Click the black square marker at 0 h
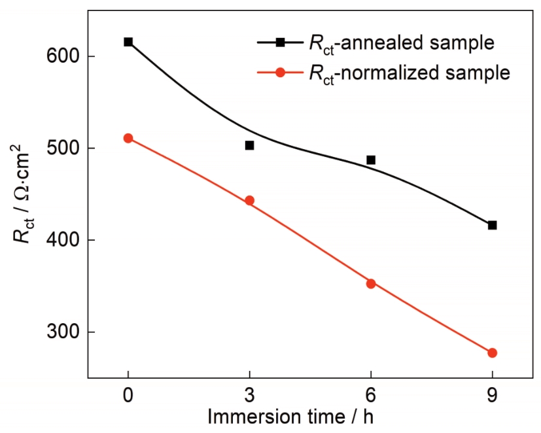128,42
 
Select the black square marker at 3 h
249,145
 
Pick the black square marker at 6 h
371,160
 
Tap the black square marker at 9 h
492,225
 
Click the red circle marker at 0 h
128,138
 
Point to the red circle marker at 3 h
249,201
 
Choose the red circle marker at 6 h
371,283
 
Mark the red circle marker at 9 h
492,353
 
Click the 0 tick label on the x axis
128,396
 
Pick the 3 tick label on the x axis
249,396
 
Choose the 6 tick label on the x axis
371,396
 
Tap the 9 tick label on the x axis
492,396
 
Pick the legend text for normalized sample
408,73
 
